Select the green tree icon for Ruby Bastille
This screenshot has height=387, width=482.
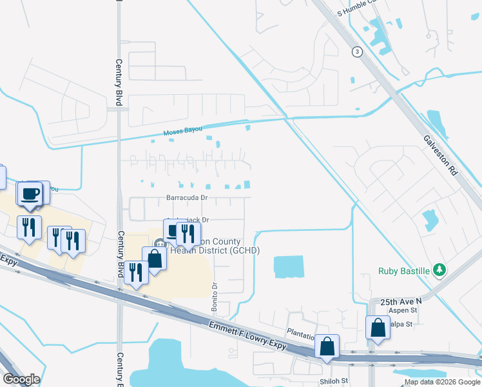pyautogui.click(x=439, y=269)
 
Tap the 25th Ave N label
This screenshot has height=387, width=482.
pyautogui.click(x=401, y=301)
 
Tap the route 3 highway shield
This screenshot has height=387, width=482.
pyautogui.click(x=356, y=52)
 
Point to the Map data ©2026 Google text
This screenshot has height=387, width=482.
pyautogui.click(x=441, y=382)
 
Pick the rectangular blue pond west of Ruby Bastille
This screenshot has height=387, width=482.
pyautogui.click(x=288, y=267)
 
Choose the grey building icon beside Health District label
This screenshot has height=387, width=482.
pyautogui.click(x=159, y=244)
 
